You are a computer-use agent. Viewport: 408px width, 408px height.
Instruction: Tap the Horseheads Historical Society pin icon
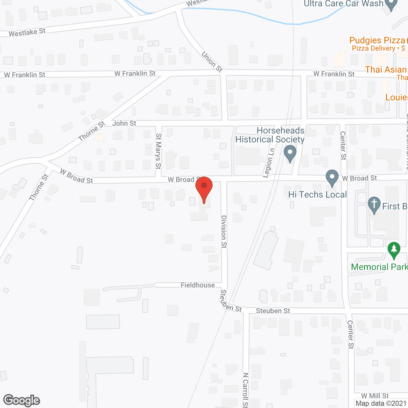tap(290, 154)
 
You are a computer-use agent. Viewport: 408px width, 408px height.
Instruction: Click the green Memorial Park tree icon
tap(394, 250)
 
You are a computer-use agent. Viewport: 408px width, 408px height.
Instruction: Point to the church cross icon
tap(374, 205)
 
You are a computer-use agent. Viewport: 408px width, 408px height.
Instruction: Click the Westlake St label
tap(27, 33)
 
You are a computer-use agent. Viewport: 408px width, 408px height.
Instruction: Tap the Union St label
tap(212, 62)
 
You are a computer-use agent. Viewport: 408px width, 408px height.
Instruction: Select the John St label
tap(124, 123)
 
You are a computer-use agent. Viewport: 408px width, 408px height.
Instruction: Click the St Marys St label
tap(158, 151)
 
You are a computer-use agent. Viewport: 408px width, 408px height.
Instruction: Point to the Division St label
tap(224, 231)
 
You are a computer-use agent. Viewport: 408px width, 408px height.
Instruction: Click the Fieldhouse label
tap(198, 285)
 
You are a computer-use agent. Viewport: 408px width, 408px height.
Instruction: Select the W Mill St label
tap(375, 396)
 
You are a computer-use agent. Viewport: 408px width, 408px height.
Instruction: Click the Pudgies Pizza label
tap(377, 40)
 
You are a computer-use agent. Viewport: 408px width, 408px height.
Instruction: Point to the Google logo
tap(22, 400)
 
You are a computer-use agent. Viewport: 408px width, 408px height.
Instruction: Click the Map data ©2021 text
tap(381, 404)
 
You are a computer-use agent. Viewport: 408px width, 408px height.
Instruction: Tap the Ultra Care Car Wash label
tap(344, 4)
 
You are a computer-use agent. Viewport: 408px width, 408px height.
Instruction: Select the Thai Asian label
tap(386, 70)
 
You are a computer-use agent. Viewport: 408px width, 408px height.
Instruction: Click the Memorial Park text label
tap(379, 267)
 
